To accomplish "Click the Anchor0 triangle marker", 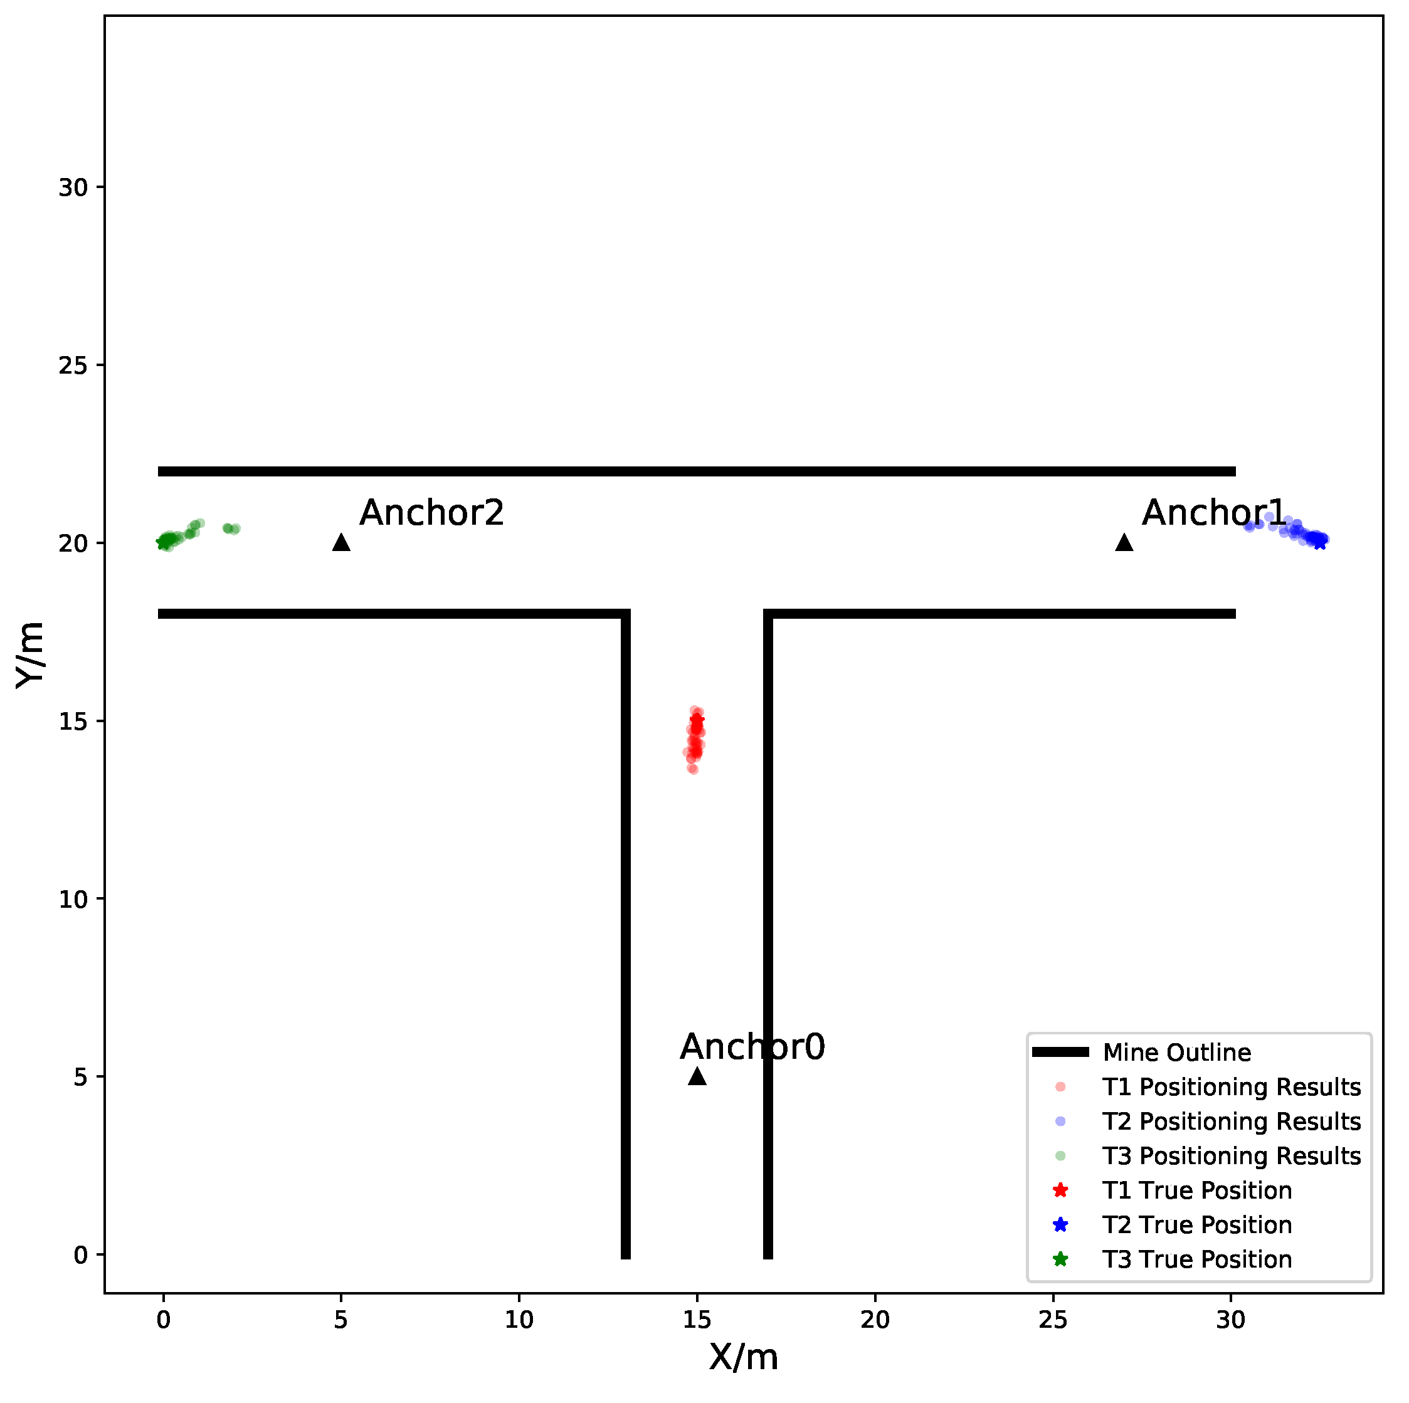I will [697, 1076].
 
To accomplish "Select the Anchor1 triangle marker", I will [1124, 542].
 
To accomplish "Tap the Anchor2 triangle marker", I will [341, 542].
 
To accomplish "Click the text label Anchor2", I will [432, 513].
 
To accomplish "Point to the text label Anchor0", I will [752, 1047].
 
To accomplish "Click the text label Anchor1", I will [1214, 513].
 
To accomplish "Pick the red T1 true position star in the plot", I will [697, 720].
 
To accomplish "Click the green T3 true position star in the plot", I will [162, 542].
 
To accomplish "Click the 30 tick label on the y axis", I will [73, 187].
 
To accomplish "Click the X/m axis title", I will [744, 1358].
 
